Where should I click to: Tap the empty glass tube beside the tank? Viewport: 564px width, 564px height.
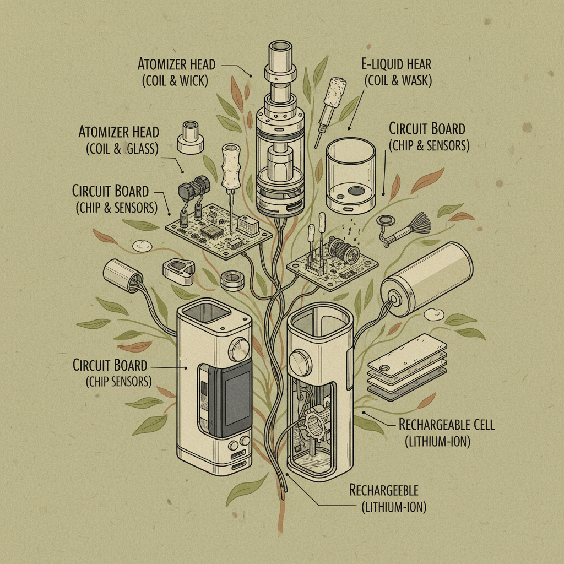[351, 176]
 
